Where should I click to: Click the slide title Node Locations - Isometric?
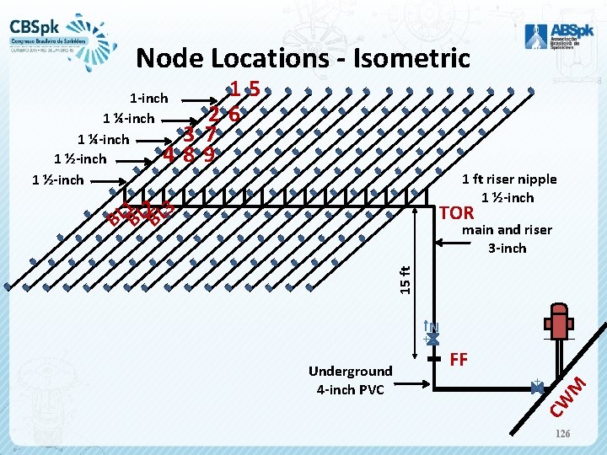(x=303, y=57)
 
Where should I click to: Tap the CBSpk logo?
(x=51, y=33)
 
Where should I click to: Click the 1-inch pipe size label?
(x=148, y=99)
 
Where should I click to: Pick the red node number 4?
(x=169, y=154)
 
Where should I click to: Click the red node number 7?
(x=212, y=133)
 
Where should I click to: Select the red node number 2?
(x=217, y=114)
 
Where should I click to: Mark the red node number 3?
(x=191, y=134)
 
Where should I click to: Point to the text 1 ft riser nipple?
(x=508, y=179)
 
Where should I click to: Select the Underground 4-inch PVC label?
(x=350, y=379)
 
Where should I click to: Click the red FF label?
(x=459, y=359)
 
